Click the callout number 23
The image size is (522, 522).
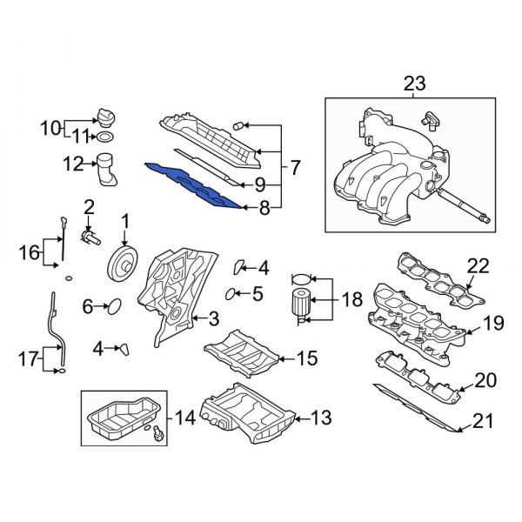[415, 84]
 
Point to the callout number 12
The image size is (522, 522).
[72, 162]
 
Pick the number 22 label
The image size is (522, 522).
[478, 264]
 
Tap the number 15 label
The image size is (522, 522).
[306, 357]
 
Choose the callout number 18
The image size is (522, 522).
[351, 301]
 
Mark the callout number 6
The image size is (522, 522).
[88, 306]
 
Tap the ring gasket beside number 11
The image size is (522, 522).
[105, 137]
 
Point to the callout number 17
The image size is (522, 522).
[26, 358]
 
